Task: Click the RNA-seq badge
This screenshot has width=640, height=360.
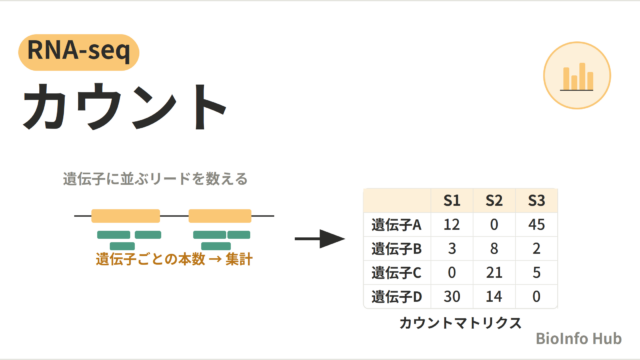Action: point(79,52)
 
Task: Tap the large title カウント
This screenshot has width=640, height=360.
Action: point(124,107)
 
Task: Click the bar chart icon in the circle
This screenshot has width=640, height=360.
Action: point(576,76)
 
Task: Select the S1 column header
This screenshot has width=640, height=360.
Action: point(452,200)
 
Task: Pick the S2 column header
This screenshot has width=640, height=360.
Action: point(494,200)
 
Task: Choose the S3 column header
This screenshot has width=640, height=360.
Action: point(536,200)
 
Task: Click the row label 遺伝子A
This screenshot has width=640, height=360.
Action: point(396,224)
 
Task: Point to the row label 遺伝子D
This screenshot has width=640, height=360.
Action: point(396,296)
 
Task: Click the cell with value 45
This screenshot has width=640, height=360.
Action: point(536,224)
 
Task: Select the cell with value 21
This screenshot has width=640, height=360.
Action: point(494,272)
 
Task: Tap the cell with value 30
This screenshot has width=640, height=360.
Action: point(452,296)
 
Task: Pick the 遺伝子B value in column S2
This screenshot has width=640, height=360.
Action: point(494,249)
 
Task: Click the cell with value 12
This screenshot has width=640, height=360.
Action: point(452,224)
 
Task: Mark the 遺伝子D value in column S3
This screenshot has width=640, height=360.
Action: point(536,296)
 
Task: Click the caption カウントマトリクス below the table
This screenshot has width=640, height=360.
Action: point(460,323)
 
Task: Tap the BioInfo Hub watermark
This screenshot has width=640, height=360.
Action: point(578,338)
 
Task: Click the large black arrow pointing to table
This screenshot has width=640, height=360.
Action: point(320,239)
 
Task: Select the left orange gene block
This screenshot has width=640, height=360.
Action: point(126,216)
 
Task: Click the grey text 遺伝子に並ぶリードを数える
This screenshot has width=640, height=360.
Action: point(155,179)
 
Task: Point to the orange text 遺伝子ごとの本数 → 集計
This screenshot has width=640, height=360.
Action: point(174,259)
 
